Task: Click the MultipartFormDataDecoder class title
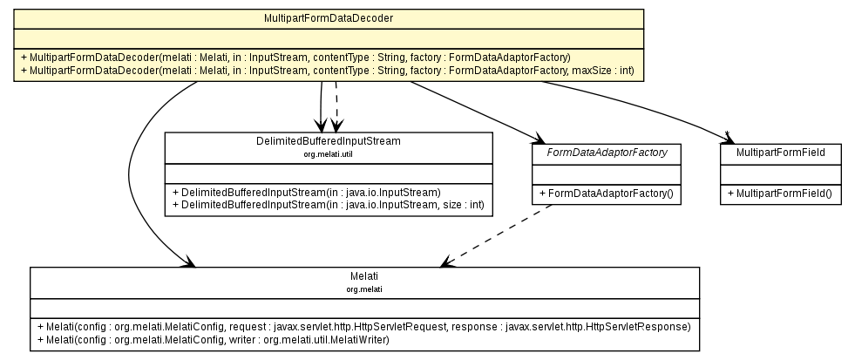pos(328,17)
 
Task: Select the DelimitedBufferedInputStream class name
pos(328,141)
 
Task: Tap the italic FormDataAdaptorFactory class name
pos(606,152)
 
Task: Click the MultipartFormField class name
pos(780,152)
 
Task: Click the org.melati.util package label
pos(328,153)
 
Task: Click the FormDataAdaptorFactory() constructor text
pos(607,191)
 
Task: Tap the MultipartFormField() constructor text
pos(780,191)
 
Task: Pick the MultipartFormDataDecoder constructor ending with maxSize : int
pos(326,69)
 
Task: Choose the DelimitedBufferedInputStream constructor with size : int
pos(328,203)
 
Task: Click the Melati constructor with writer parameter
pos(214,338)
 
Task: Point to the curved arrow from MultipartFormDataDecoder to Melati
pos(131,174)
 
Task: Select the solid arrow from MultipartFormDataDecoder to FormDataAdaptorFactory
pos(475,110)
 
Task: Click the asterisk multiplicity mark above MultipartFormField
pos(727,133)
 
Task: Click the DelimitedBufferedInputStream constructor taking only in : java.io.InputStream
pos(306,191)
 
